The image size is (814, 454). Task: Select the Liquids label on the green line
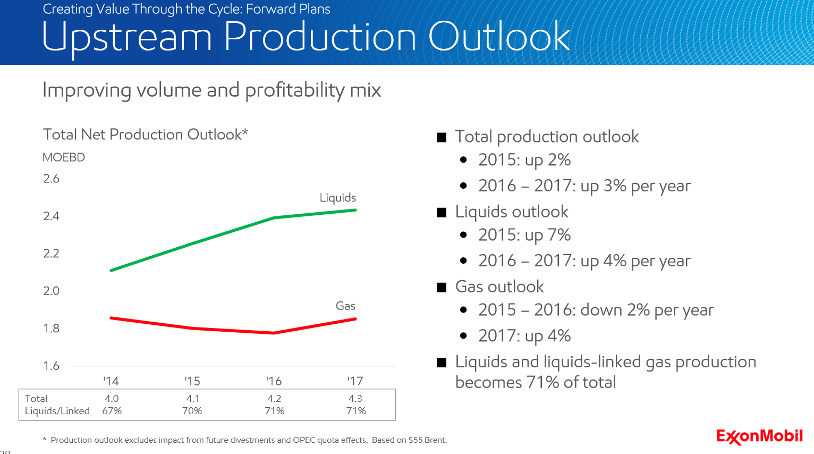coord(338,198)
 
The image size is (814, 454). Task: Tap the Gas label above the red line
coord(345,306)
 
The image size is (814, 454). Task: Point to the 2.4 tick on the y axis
coord(52,216)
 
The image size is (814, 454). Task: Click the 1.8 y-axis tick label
coord(52,329)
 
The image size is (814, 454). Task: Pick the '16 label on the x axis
coord(274,381)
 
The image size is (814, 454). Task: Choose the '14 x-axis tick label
coord(111,381)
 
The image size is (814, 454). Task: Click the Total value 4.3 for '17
coord(355,399)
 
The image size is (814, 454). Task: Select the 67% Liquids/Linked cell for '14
coord(112,411)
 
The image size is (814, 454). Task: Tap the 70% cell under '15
coord(192,411)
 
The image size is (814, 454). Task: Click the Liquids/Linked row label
coord(57,411)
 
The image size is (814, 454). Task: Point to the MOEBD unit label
coord(64,157)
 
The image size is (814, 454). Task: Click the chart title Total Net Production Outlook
coord(145,134)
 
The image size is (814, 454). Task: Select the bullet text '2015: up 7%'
coord(524,235)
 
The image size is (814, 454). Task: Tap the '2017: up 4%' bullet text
coord(524,336)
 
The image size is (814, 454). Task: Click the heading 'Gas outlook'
coord(499,287)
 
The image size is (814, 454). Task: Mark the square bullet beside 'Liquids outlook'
coord(442,213)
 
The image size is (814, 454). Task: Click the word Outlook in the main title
coord(499,37)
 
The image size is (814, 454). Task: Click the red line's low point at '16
coord(274,333)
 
